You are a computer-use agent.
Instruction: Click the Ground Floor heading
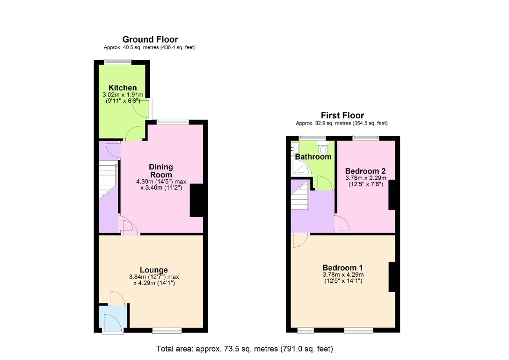pos(150,39)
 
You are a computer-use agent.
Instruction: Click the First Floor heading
pos(342,115)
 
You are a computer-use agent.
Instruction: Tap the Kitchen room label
pos(123,88)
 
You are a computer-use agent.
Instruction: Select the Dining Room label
pos(160,171)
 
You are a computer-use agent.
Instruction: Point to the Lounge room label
pos(154,270)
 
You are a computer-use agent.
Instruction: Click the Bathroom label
pos(313,157)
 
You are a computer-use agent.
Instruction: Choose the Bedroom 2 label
pos(365,171)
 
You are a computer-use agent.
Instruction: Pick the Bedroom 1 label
pos(342,268)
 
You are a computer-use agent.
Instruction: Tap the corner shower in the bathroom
pos(301,169)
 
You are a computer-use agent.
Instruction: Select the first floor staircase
pos(299,196)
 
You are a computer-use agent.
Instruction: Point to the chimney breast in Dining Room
pos(196,200)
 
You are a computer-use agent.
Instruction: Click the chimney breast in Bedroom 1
pos(392,277)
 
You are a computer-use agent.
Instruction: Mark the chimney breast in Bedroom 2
pos(392,195)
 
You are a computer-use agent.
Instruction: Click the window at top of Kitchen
pos(117,62)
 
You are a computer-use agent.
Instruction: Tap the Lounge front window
pos(167,331)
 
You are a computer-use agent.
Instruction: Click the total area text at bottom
pos(244,349)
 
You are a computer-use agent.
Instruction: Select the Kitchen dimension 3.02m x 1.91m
pos(123,95)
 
